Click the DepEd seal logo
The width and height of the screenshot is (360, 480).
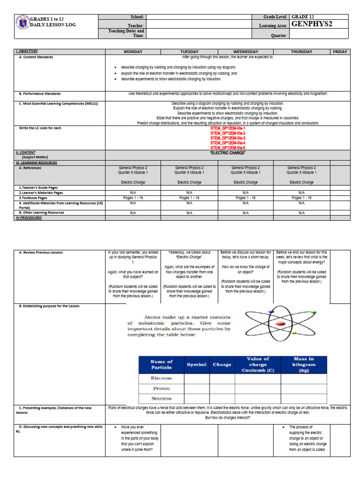[22, 23]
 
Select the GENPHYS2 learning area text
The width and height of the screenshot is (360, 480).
[312, 25]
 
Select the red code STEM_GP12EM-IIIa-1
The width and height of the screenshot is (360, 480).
[228, 128]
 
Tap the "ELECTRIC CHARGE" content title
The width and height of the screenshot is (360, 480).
[228, 153]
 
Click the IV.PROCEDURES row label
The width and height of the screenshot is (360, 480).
[29, 217]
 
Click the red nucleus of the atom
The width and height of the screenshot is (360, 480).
[281, 323]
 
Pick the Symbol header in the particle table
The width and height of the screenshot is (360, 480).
[196, 364]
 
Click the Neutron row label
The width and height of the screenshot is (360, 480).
[161, 399]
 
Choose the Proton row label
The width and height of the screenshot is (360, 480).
[161, 388]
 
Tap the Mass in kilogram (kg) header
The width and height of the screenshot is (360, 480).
[304, 364]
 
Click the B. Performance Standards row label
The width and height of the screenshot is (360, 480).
[40, 94]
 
